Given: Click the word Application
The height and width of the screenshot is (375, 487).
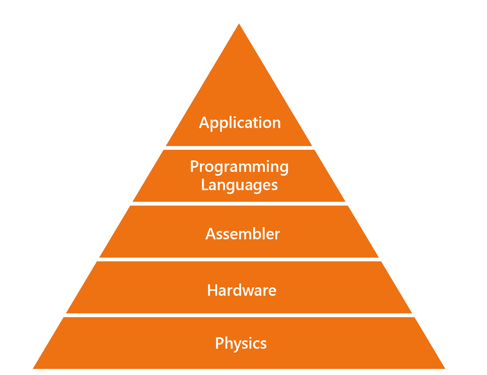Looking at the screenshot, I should tap(240, 123).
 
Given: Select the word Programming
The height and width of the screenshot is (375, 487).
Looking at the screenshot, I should tap(239, 167).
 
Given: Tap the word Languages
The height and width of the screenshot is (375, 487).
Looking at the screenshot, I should tap(239, 185).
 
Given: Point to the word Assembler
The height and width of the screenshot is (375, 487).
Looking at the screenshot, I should tap(243, 234).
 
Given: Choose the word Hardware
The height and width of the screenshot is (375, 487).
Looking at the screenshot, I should tap(241, 290).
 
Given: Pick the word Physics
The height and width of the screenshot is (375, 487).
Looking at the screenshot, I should tap(241, 343).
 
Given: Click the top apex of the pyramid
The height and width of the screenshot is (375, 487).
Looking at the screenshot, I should tap(239, 24).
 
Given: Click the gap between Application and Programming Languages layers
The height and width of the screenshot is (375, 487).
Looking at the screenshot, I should tap(239, 148).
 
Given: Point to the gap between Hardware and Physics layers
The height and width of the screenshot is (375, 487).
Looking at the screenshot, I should tap(239, 315).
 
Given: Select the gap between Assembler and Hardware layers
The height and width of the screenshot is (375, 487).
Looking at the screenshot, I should tap(239, 259).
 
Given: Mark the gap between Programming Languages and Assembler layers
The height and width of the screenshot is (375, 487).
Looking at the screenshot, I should tap(239, 204).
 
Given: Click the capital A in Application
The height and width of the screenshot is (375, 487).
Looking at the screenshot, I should tap(204, 123).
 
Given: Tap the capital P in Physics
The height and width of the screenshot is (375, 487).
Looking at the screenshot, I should tap(219, 343).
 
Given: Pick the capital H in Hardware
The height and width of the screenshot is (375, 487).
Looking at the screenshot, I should tap(212, 290).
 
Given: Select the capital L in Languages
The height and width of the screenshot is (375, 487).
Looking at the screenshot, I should tap(204, 185).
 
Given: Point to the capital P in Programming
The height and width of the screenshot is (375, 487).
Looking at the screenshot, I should tap(194, 167).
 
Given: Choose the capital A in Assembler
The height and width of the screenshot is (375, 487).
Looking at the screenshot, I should tap(211, 234).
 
